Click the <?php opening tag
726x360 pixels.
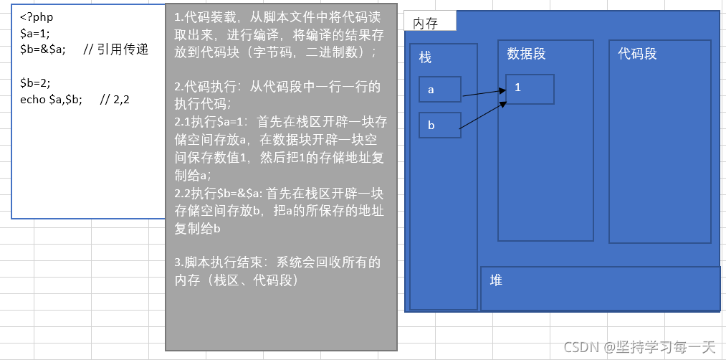click(x=37, y=16)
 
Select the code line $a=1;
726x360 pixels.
click(x=35, y=33)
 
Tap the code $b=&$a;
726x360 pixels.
click(x=43, y=49)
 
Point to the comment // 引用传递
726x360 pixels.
click(x=115, y=49)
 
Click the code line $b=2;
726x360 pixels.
click(x=35, y=82)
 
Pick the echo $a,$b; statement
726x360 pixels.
click(x=52, y=99)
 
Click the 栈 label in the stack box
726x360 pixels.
click(x=426, y=57)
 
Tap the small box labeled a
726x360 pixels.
click(x=440, y=90)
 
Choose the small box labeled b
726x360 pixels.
click(x=440, y=125)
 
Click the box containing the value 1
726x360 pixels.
click(x=530, y=89)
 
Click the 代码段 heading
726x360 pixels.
click(x=637, y=54)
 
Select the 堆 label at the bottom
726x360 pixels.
click(x=496, y=280)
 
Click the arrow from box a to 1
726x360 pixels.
click(x=484, y=93)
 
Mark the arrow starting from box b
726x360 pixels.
click(x=482, y=116)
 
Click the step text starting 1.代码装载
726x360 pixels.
click(x=280, y=34)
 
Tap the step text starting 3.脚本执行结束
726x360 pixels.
click(x=279, y=271)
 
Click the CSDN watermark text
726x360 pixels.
click(x=639, y=347)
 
